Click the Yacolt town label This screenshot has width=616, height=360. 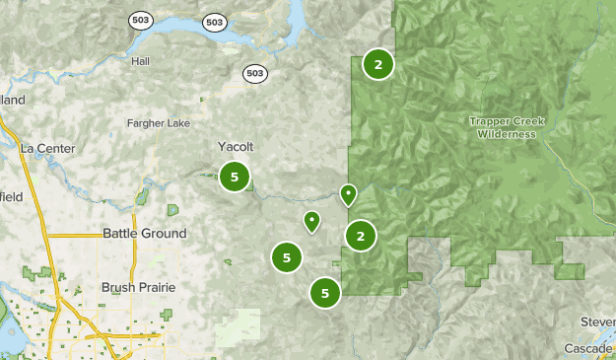[x=236, y=146]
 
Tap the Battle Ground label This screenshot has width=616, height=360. [x=144, y=234]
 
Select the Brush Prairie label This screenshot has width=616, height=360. [x=138, y=287]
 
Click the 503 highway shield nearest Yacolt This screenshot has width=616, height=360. [x=254, y=73]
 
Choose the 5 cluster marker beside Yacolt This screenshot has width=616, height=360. [x=235, y=178]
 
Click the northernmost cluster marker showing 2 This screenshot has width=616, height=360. [x=377, y=65]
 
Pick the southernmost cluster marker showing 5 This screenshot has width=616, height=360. [x=324, y=292]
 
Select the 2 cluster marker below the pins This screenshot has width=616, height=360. [x=361, y=236]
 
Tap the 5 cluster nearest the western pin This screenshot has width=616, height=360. [x=286, y=257]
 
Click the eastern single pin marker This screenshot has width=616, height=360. [x=348, y=194]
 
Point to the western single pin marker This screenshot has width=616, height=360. [x=311, y=221]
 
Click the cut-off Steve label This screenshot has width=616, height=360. [x=597, y=322]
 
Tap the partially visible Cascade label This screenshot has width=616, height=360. [x=589, y=348]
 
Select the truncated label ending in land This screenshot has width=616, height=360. [x=12, y=101]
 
